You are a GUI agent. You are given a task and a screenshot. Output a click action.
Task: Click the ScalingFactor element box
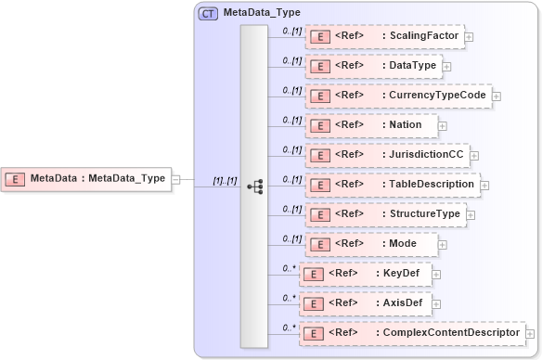tap(384, 36)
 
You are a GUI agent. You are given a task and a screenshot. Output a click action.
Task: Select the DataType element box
tap(372, 66)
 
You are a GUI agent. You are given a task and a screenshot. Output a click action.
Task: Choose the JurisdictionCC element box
tap(388, 154)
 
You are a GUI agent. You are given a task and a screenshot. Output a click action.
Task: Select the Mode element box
tap(371, 243)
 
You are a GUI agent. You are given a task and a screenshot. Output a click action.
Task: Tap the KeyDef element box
tap(366, 274)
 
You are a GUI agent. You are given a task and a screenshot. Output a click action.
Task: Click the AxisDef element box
tap(366, 303)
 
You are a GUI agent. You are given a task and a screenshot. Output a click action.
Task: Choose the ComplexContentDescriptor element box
tap(411, 332)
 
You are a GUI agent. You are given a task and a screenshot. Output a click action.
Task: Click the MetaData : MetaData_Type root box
tap(86, 178)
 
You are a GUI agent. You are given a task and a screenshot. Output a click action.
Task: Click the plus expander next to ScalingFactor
tap(469, 37)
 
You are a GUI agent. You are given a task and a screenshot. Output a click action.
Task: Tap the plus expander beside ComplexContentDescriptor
tap(531, 333)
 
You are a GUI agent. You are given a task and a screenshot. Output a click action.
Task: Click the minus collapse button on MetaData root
tap(176, 179)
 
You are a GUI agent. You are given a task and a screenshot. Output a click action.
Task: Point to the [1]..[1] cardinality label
tap(226, 180)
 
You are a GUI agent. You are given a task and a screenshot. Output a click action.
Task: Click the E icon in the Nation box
tap(318, 125)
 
